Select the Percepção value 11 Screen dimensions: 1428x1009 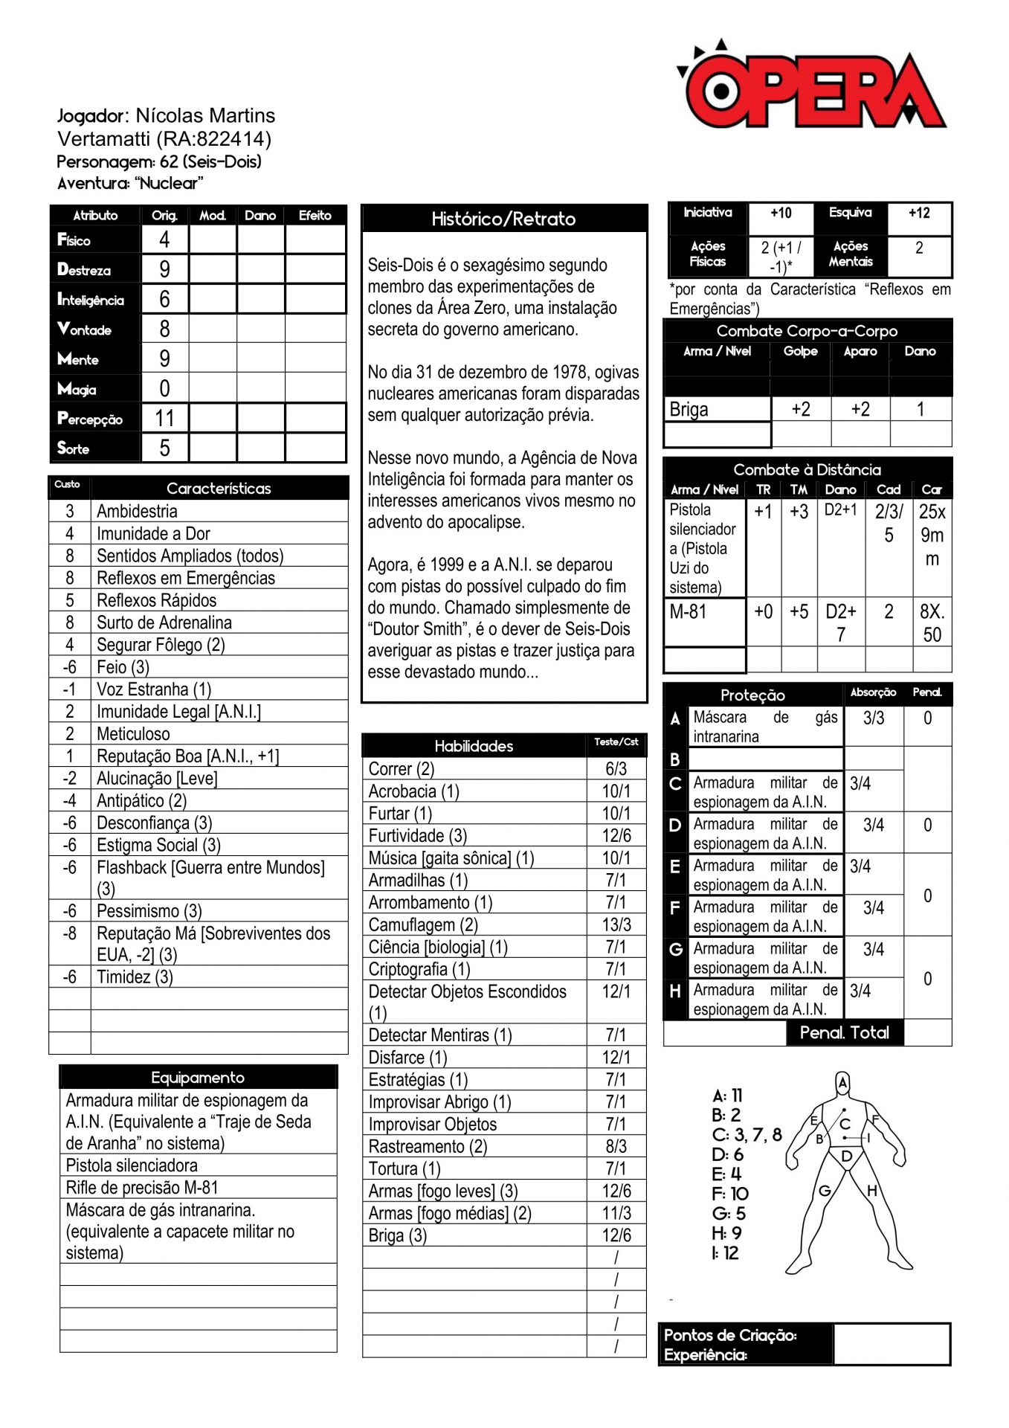164,418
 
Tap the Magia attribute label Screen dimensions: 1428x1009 77,389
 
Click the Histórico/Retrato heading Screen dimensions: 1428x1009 503,219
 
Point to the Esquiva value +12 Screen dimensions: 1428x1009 919,213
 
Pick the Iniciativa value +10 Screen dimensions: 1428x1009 781,213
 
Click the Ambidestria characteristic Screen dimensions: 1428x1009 137,511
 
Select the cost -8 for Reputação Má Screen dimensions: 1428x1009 70,933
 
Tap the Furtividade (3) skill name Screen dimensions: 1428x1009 417,836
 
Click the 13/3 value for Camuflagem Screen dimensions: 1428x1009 616,925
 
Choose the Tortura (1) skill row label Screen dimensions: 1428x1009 404,1169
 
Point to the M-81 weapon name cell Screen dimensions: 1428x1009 688,612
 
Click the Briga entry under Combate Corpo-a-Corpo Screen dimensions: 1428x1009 689,410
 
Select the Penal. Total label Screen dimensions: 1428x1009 844,1032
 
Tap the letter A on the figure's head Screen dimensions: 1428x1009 842,1083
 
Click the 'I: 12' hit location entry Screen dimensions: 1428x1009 725,1253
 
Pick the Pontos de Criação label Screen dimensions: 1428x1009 729,1335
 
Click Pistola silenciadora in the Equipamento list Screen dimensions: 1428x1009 132,1165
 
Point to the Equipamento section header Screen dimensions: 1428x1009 198,1078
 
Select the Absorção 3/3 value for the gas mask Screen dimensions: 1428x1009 874,718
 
